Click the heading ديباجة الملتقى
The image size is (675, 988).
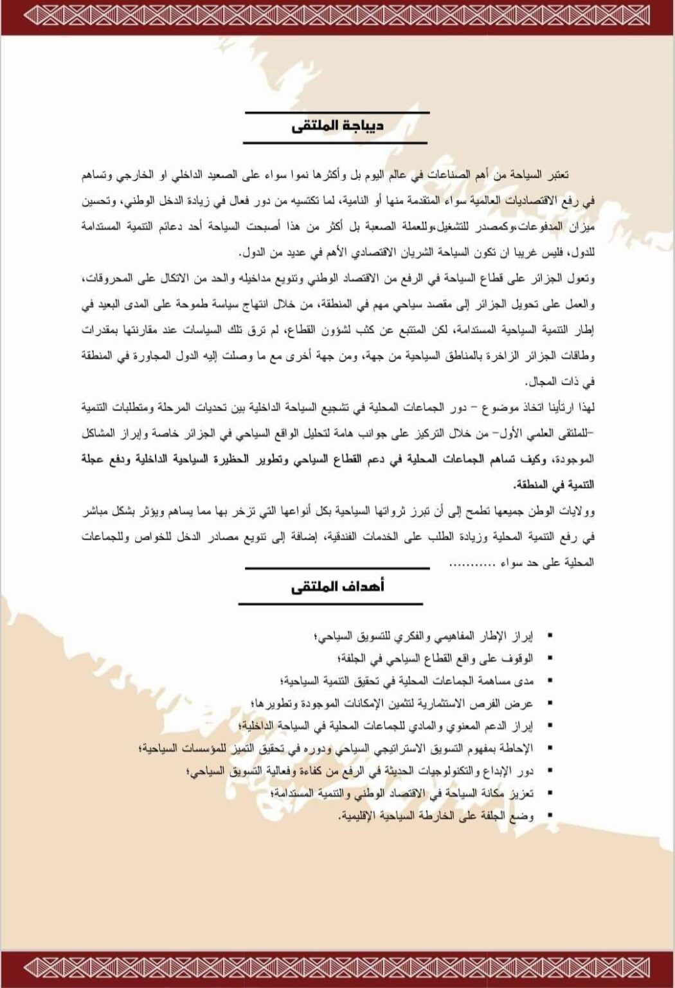coord(337,125)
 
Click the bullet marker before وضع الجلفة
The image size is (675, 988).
coord(549,816)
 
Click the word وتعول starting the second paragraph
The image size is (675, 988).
coord(582,279)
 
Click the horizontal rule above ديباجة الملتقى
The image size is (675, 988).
coord(337,113)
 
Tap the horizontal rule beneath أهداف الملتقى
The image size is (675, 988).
coord(331,604)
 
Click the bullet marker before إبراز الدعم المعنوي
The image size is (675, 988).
coord(549,726)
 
